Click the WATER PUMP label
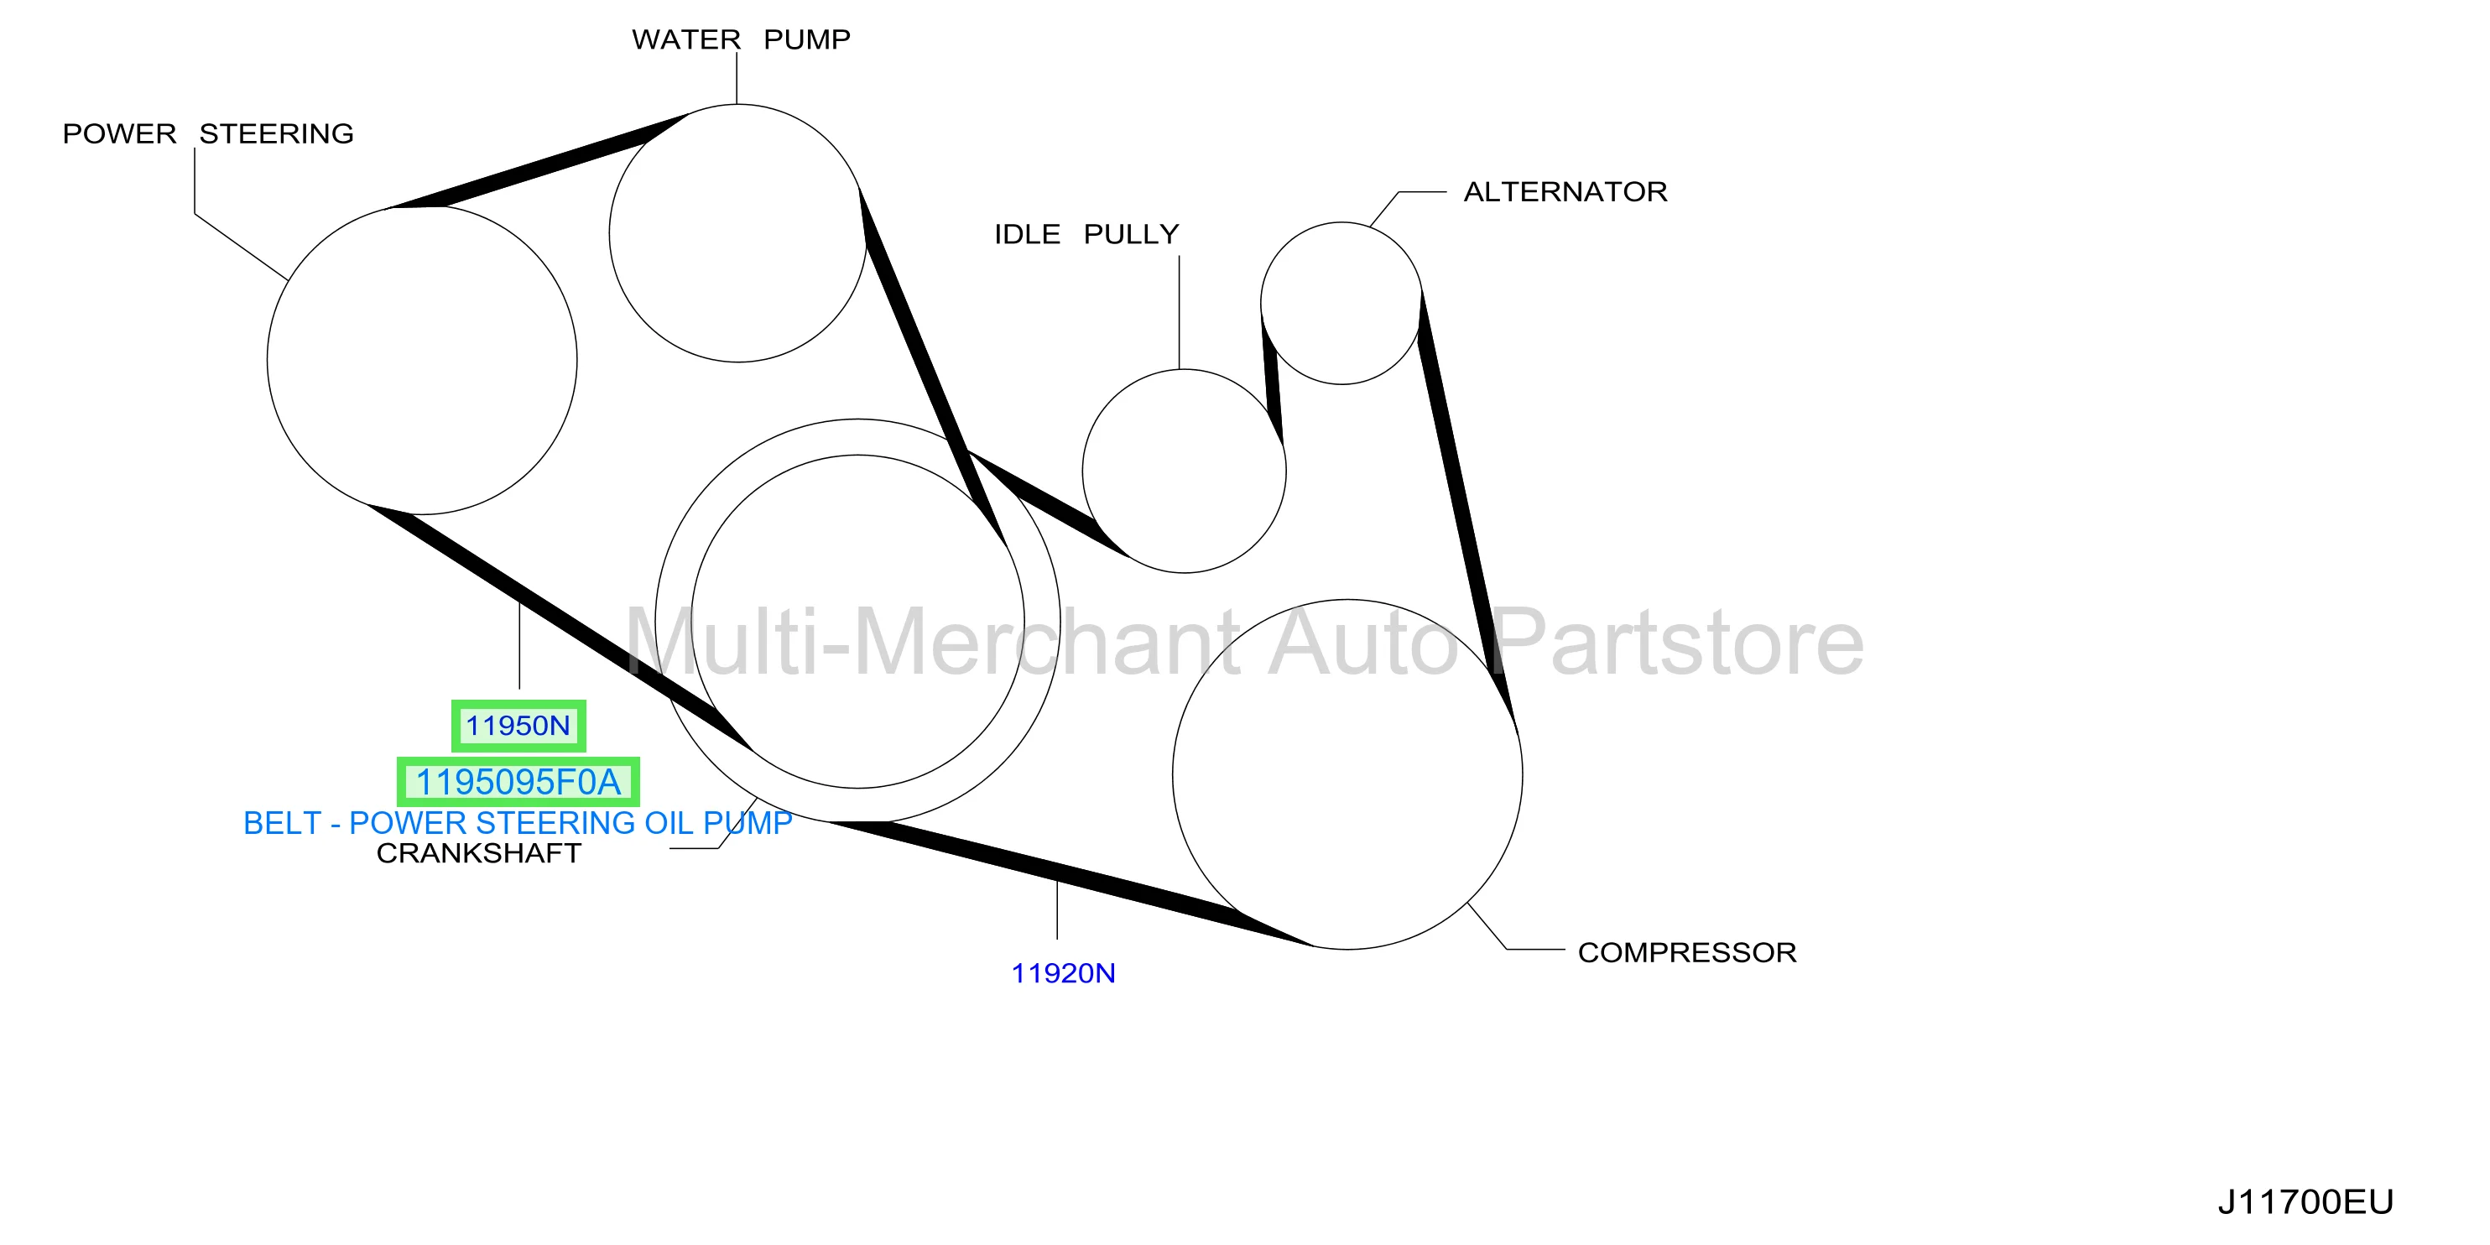point(742,39)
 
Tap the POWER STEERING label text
point(208,133)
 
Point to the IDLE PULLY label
point(1086,234)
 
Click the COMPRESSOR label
point(1687,952)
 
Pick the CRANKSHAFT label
point(478,853)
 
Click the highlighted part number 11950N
point(518,726)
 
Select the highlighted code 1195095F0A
point(518,782)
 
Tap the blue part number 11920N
point(1063,973)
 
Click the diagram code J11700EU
point(2305,1201)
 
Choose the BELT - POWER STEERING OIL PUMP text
point(517,822)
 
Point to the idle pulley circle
point(1082,471)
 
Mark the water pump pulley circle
point(609,233)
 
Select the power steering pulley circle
point(268,361)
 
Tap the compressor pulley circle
point(1173,774)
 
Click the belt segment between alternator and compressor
point(1467,509)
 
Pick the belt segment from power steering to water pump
point(536,161)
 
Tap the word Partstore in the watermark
point(1677,641)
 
